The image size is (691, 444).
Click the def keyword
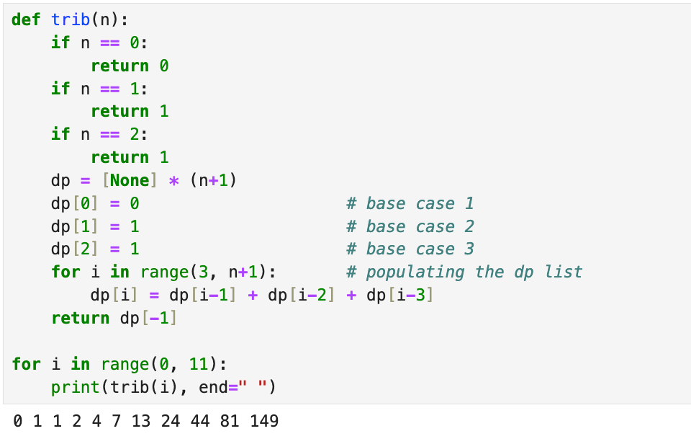pos(26,20)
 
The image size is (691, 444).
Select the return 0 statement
pos(130,66)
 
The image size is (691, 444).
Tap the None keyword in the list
pos(130,180)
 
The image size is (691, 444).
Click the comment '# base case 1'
pos(410,203)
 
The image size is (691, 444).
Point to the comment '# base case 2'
pos(410,226)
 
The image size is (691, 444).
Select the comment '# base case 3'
pos(410,249)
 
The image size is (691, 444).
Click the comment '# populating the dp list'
pos(464,272)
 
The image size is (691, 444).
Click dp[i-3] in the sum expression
pos(399,296)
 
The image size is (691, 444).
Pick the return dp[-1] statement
pos(114,318)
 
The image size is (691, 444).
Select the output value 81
pos(230,421)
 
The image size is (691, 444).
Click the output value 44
pos(200,421)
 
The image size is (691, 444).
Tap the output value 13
pos(141,421)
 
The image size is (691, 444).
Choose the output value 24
pos(171,421)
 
